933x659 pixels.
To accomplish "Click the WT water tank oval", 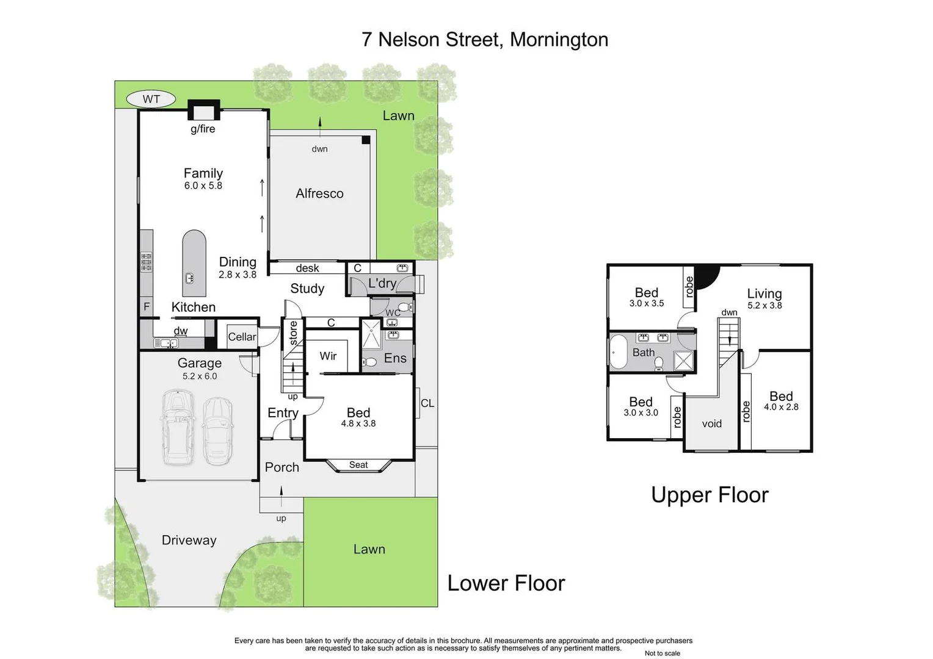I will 151,99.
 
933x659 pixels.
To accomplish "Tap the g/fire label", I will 203,129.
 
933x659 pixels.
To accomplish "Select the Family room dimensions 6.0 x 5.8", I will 203,185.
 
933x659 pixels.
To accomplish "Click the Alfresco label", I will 319,193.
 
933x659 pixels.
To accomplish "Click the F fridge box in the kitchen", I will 147,307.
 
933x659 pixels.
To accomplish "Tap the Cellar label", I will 242,337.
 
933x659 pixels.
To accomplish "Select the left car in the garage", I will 178,428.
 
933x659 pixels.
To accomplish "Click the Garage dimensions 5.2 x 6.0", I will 200,376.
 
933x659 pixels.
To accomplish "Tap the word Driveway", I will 189,540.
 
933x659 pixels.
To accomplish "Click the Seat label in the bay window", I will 358,465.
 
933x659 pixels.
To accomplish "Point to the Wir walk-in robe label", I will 328,356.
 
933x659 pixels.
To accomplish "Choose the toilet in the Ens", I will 369,362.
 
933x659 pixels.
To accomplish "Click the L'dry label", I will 382,283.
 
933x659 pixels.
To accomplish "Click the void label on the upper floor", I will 712,423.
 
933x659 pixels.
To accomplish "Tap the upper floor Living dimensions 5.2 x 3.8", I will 764,306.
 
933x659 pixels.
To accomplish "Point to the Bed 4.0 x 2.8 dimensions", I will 781,407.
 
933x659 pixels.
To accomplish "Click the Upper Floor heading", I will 710,495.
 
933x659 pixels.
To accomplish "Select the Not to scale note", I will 662,653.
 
